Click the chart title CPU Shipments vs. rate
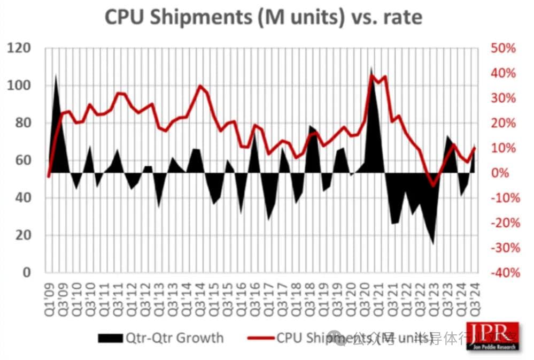[x=264, y=17]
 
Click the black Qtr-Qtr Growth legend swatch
[x=110, y=338]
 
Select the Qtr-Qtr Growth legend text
[x=174, y=338]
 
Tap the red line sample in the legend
[x=260, y=338]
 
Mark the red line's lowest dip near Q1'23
[x=433, y=185]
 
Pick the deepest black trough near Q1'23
[x=433, y=244]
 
